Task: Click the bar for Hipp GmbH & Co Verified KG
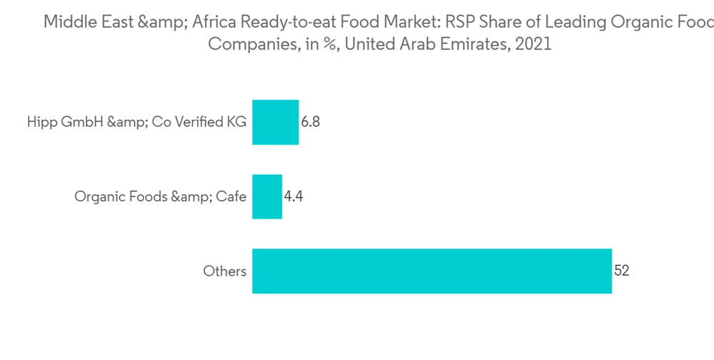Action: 276,122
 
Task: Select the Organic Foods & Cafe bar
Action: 267,196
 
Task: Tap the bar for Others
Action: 432,271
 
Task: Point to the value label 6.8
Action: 311,122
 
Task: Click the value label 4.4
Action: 293,196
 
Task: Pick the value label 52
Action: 621,271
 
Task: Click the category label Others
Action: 225,271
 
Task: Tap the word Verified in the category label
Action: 203,122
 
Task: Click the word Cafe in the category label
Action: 232,196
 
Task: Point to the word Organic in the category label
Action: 97,196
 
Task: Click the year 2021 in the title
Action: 535,44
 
